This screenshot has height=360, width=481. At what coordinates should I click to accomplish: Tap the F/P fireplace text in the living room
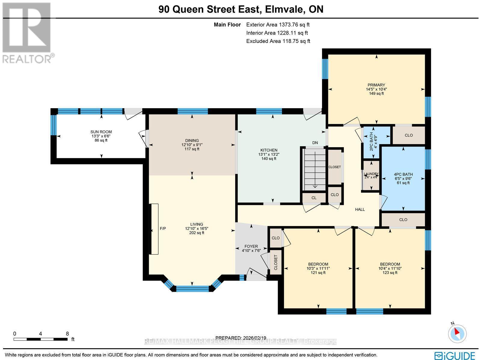click(x=163, y=228)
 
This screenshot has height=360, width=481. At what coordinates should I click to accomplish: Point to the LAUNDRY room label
click(x=371, y=174)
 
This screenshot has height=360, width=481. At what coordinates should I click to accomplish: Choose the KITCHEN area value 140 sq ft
click(x=268, y=159)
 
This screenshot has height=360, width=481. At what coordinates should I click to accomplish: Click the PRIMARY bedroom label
click(x=376, y=85)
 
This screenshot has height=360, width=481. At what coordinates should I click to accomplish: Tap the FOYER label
click(x=251, y=246)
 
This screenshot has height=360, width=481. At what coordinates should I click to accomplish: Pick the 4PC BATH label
click(x=403, y=174)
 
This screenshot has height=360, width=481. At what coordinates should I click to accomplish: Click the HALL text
click(x=360, y=209)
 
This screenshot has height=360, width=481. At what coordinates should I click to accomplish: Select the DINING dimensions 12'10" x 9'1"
click(x=192, y=145)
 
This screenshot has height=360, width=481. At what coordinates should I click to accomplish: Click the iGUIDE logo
click(x=455, y=355)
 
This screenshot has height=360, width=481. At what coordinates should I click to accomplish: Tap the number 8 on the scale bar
click(x=67, y=333)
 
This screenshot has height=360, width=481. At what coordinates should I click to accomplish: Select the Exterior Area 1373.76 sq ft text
click(x=278, y=25)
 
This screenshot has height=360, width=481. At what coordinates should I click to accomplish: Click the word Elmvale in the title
click(x=282, y=9)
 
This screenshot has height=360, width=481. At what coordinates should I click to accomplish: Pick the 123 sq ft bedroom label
click(x=390, y=273)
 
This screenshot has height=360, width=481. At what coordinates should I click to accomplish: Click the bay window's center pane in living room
click(x=192, y=289)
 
